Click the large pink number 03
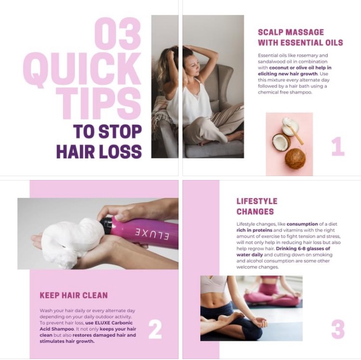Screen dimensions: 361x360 [117, 34]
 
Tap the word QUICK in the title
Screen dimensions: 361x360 [82, 69]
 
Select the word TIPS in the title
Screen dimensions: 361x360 [99, 103]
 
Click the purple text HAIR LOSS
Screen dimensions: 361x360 [99, 152]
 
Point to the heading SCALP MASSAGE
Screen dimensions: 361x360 [291, 32]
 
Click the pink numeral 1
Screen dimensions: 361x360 [338, 146]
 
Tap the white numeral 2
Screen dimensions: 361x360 [155, 329]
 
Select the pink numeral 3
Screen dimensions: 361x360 [338, 329]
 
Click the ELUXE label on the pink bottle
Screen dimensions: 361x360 [152, 234]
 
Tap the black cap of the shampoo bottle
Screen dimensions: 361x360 [106, 226]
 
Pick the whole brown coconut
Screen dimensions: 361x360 [296, 159]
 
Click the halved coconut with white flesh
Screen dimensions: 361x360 [281, 142]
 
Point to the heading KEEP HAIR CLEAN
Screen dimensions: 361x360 [74, 296]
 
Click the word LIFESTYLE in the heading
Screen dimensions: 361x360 [257, 201]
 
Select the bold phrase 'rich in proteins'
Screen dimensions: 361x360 [255, 230]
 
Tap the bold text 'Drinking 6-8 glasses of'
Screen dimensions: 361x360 [303, 249]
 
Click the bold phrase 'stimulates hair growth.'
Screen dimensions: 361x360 [67, 341]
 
